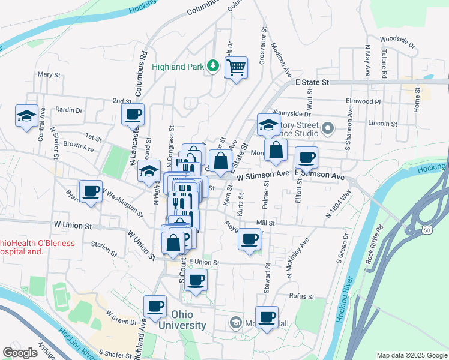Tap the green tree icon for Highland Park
point(212,66)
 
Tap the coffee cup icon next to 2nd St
point(133,113)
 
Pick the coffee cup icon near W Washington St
point(91,191)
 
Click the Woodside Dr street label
point(397,42)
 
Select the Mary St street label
point(49,75)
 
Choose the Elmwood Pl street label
point(363,101)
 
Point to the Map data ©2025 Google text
point(411,355)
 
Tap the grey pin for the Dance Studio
point(328,128)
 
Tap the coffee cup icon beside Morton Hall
point(267,316)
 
